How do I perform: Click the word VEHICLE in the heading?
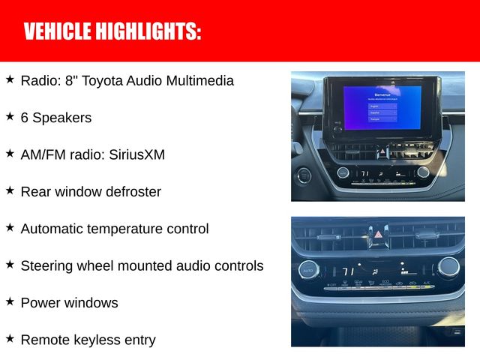pos(56,31)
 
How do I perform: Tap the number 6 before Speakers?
pos(25,118)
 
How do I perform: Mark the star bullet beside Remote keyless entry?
pos(10,338)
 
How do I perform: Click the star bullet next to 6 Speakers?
pos(10,116)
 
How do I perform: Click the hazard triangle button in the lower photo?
pos(377,235)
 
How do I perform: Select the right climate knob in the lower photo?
pos(448,266)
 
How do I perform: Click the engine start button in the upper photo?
pos(304,175)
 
